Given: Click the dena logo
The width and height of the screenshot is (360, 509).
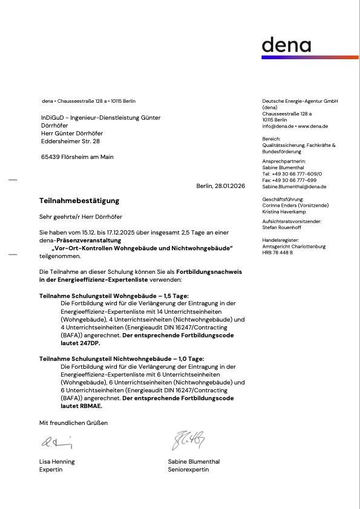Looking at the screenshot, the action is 286,46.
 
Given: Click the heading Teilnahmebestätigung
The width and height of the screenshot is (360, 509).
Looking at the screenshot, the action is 79,201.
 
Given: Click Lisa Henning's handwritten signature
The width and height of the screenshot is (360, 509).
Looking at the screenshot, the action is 56,443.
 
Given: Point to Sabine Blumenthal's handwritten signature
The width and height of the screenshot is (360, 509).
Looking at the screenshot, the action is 188,441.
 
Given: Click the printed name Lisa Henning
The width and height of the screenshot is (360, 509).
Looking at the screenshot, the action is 57,462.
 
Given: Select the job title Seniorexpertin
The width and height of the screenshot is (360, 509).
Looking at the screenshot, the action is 189,470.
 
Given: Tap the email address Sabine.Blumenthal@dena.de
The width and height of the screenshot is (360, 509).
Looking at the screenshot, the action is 294,187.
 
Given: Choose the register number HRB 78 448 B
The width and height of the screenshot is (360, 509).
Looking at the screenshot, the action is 278,252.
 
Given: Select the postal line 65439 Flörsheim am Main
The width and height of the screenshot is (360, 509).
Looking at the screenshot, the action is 77,157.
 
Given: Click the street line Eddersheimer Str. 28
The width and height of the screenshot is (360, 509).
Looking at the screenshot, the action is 70,141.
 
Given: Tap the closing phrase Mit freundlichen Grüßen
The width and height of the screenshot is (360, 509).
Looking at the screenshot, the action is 73,423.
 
